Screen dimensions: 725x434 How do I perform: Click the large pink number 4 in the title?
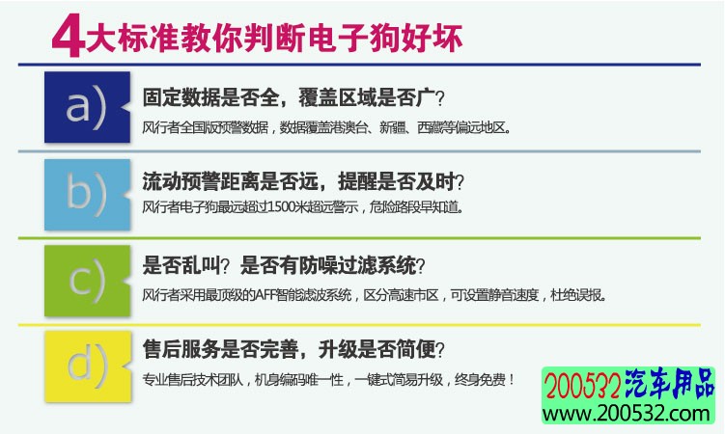coord(68,35)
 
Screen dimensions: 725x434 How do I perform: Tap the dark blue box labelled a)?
coord(87,107)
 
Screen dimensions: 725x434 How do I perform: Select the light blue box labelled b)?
coord(87,195)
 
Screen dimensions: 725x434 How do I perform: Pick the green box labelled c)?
coord(87,281)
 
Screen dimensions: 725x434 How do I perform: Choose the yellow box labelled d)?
coord(88,366)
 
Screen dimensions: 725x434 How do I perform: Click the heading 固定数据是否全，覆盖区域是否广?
coord(293,97)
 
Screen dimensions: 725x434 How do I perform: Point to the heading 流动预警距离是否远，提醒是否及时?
coord(303,181)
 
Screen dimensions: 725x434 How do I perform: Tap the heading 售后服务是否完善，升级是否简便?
coord(293,349)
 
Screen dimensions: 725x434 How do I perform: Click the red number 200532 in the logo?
coord(582,385)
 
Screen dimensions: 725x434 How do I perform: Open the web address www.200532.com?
coord(627,413)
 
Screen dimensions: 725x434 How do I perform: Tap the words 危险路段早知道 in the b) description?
coord(414,207)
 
